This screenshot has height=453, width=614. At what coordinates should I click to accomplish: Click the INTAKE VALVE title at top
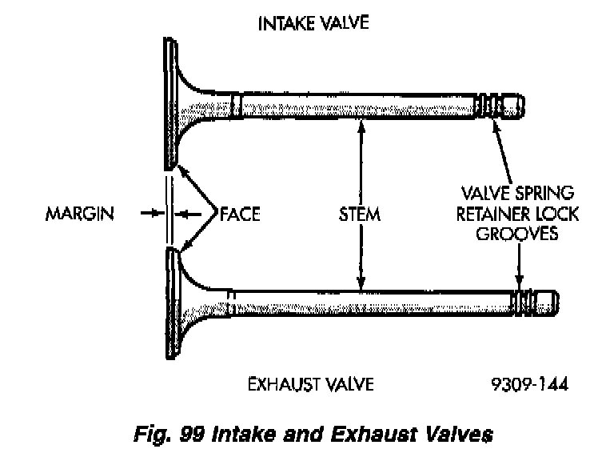click(313, 22)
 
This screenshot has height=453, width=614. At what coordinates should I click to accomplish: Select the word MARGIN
click(81, 214)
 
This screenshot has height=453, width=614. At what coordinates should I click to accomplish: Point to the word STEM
click(359, 214)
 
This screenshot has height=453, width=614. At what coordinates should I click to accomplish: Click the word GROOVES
click(520, 235)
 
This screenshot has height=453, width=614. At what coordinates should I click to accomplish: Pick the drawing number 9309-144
click(530, 384)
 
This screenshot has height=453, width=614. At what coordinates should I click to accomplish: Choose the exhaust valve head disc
click(172, 304)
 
